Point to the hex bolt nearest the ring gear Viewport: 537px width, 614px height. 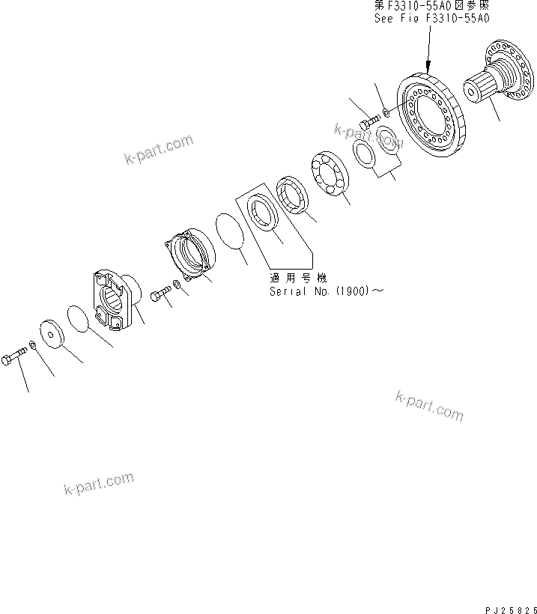tap(366, 122)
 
